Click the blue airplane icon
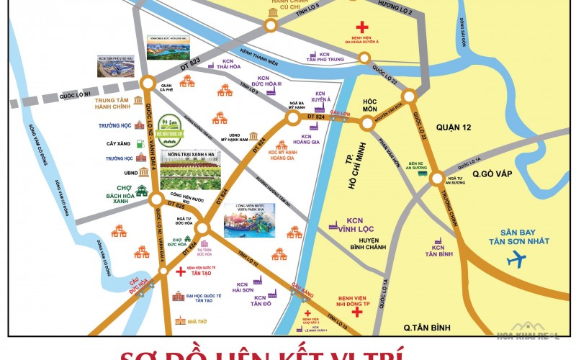coord(517,260)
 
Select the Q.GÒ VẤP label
coord(492,174)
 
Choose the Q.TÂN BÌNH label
coord(426,328)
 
